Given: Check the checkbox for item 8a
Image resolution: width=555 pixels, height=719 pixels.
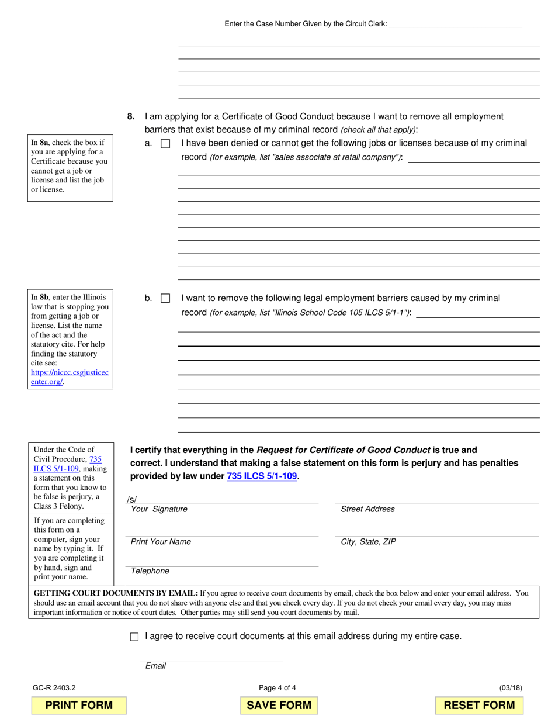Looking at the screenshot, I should [165, 144].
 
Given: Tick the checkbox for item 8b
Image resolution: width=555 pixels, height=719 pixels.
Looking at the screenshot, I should [165, 299].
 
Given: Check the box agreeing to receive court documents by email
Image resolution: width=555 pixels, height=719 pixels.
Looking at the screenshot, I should [134, 637].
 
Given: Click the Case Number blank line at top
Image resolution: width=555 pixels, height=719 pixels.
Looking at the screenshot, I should [455, 24].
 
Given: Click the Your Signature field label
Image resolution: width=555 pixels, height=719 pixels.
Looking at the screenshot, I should [159, 509].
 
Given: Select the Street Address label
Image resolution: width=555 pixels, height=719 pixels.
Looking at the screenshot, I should [367, 509].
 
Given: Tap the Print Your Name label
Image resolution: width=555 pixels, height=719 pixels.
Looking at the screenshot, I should [161, 542].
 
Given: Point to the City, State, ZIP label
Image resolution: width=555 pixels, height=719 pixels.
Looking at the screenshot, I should [368, 542].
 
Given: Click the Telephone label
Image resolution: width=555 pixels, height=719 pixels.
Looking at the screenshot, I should [150, 571].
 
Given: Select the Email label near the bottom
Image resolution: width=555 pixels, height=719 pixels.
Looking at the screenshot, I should [155, 666].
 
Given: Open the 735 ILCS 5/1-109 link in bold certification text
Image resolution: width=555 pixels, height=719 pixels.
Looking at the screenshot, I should [262, 476].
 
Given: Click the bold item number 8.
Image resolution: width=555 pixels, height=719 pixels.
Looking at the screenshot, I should [131, 116].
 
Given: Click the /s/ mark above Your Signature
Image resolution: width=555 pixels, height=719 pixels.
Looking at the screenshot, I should [131, 499].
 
